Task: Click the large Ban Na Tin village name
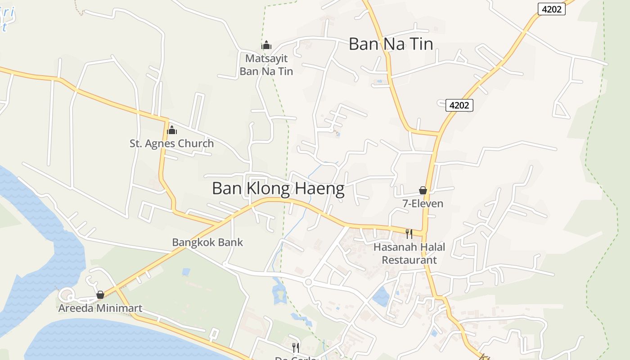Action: click(x=391, y=44)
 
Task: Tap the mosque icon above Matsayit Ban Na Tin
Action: click(x=266, y=45)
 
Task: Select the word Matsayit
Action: click(x=266, y=58)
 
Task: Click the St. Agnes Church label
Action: click(x=171, y=144)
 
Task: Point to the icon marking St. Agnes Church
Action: click(x=171, y=130)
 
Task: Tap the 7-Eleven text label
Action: click(x=423, y=203)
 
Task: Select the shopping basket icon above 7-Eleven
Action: click(x=423, y=190)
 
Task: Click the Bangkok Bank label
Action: click(x=207, y=242)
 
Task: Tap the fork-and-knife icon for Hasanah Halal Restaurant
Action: click(x=409, y=234)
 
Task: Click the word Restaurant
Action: click(x=409, y=260)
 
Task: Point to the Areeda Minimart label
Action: click(x=100, y=308)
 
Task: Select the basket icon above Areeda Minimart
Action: click(x=100, y=295)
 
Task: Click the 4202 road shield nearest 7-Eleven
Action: click(x=459, y=105)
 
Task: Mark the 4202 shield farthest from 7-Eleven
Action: click(x=551, y=9)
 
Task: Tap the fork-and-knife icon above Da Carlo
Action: click(x=295, y=347)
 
